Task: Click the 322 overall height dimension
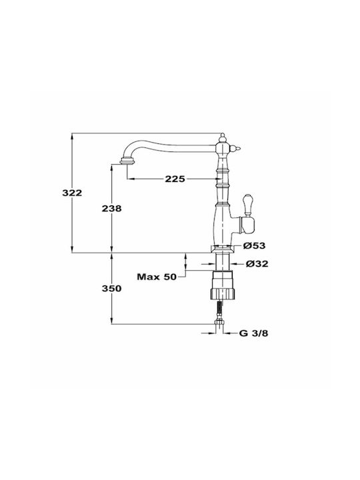click(72, 193)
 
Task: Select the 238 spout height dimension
click(112, 208)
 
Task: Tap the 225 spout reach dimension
click(175, 179)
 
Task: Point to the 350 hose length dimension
click(112, 289)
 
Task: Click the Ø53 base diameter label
click(255, 245)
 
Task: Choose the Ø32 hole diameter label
click(257, 263)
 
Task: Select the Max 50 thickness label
click(157, 277)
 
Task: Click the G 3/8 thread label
click(253, 333)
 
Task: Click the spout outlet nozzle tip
click(127, 161)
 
